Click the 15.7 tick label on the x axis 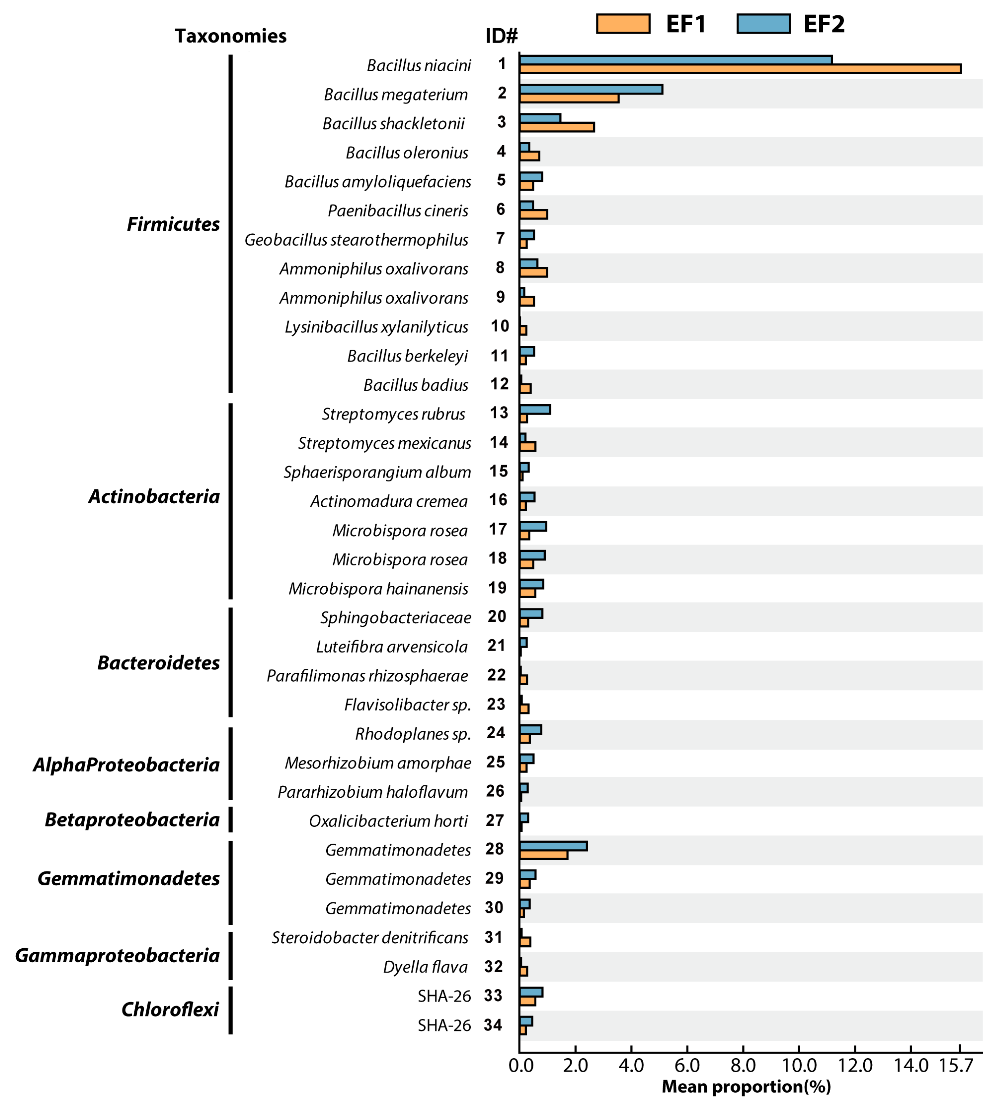956,1065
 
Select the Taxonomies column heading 230,36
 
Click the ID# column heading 501,36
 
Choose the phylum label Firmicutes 173,224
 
